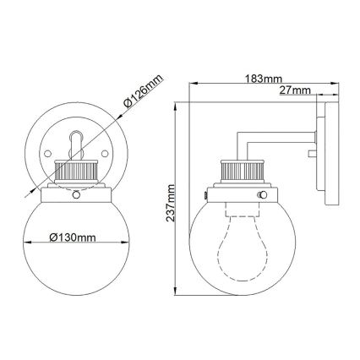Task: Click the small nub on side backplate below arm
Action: click(x=312, y=154)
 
